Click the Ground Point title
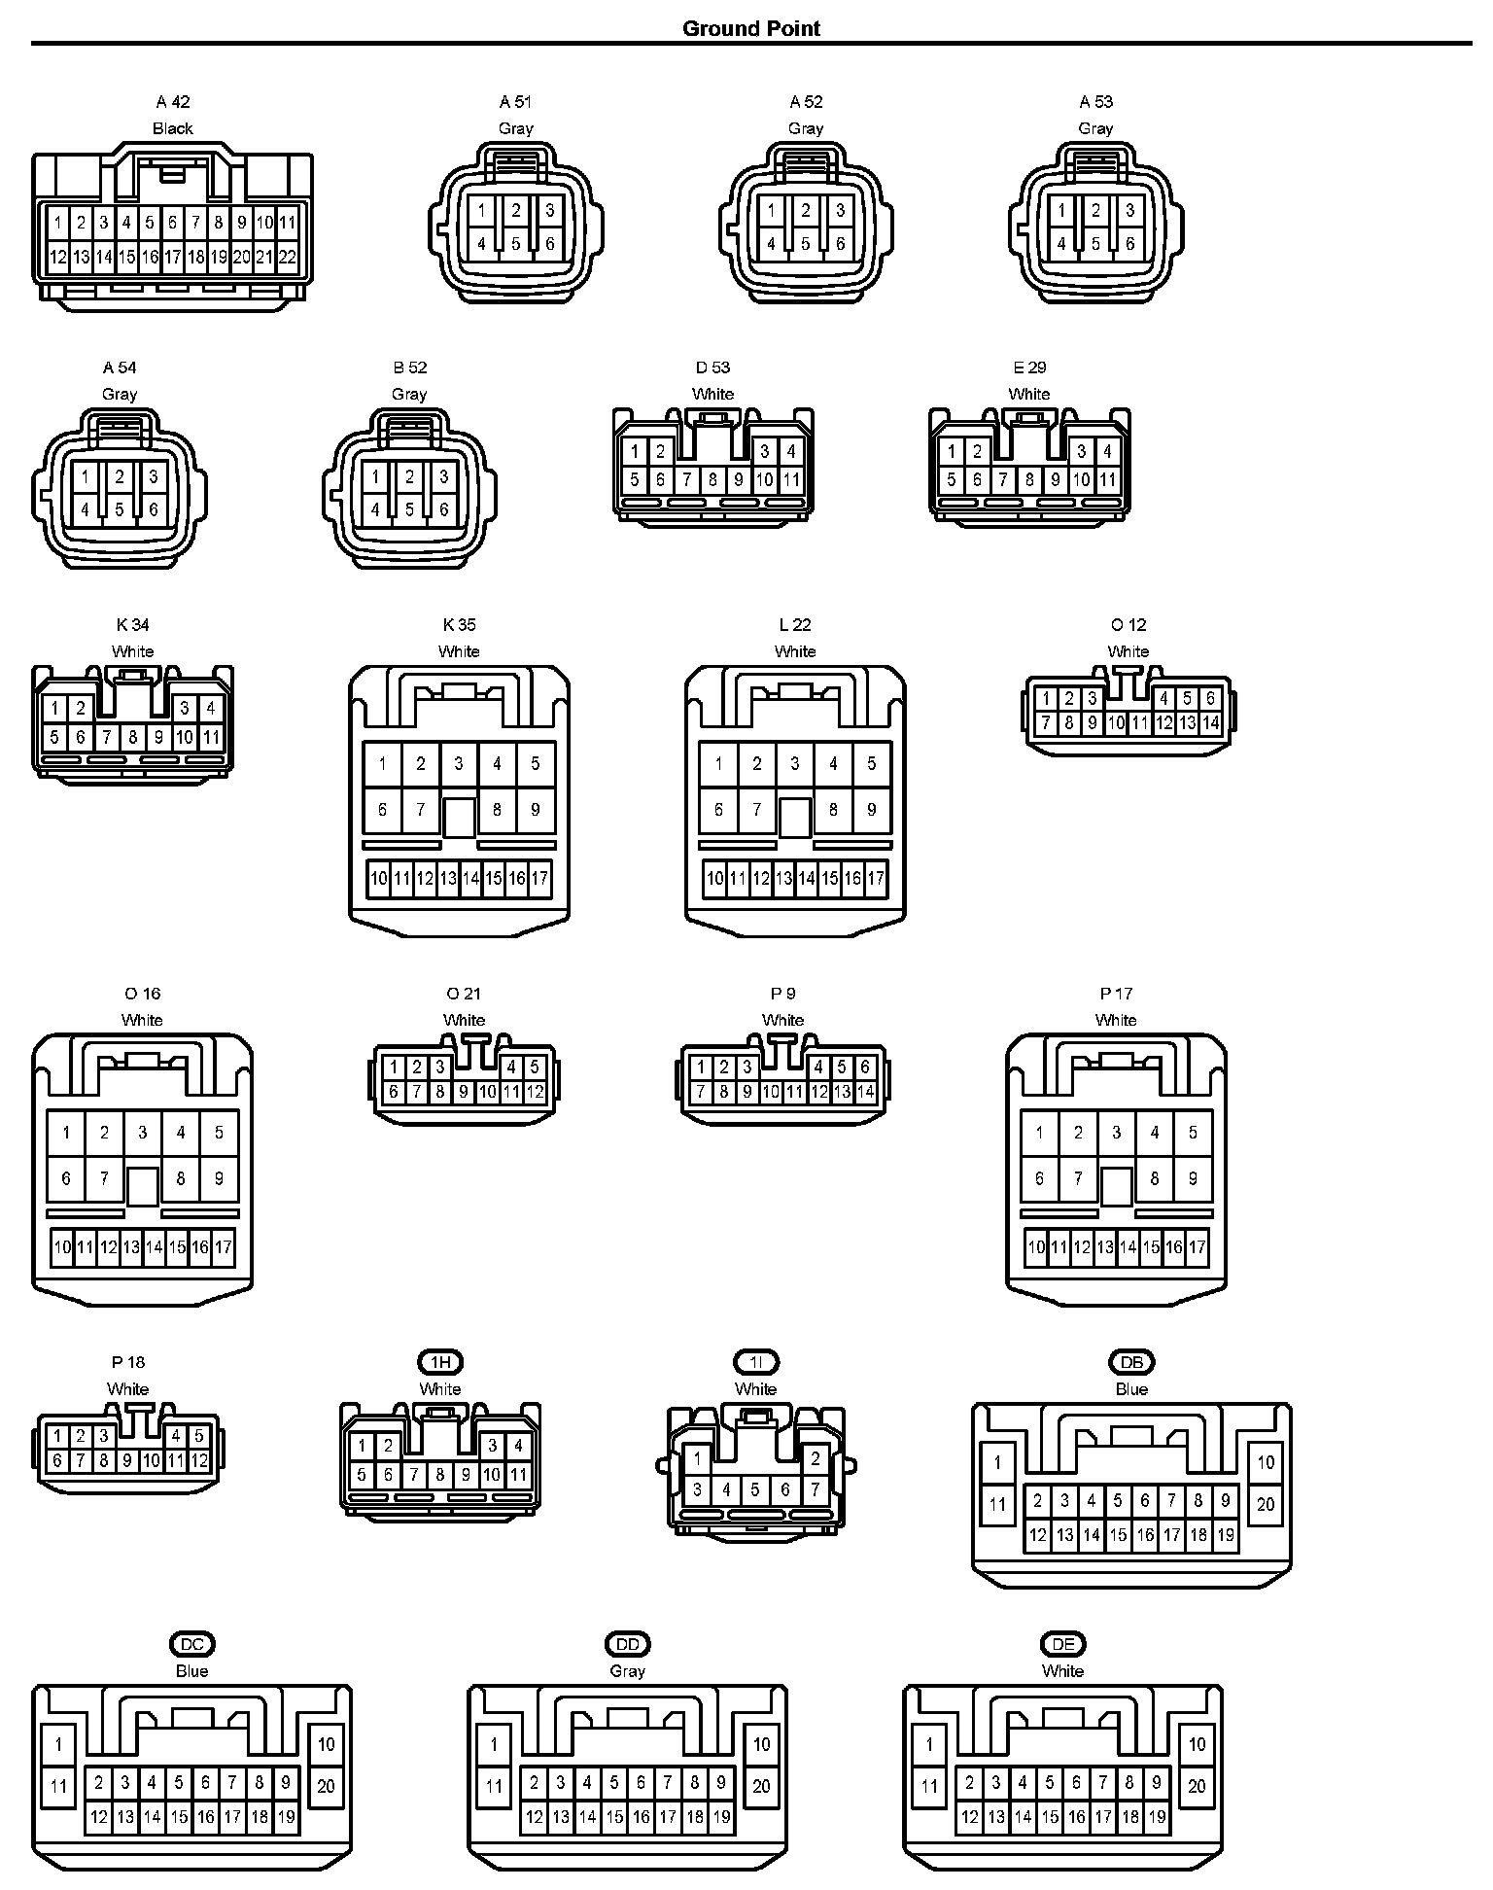click(x=750, y=28)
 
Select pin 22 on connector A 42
click(x=287, y=258)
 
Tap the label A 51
click(x=515, y=102)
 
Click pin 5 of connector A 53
click(x=1095, y=244)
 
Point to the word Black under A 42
click(x=172, y=128)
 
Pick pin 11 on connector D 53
click(x=791, y=479)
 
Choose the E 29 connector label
click(x=1029, y=367)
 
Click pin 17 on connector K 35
click(x=539, y=879)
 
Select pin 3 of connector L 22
click(x=795, y=763)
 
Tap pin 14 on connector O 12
click(x=1210, y=723)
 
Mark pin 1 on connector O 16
click(x=66, y=1132)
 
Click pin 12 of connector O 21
click(x=535, y=1092)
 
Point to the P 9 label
click(x=782, y=994)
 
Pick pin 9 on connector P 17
click(x=1193, y=1178)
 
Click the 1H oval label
click(x=440, y=1362)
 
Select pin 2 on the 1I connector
click(x=816, y=1458)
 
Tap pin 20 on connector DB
click(x=1266, y=1504)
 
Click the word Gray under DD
click(x=627, y=1671)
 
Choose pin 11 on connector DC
click(x=59, y=1786)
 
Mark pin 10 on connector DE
click(x=1197, y=1744)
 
